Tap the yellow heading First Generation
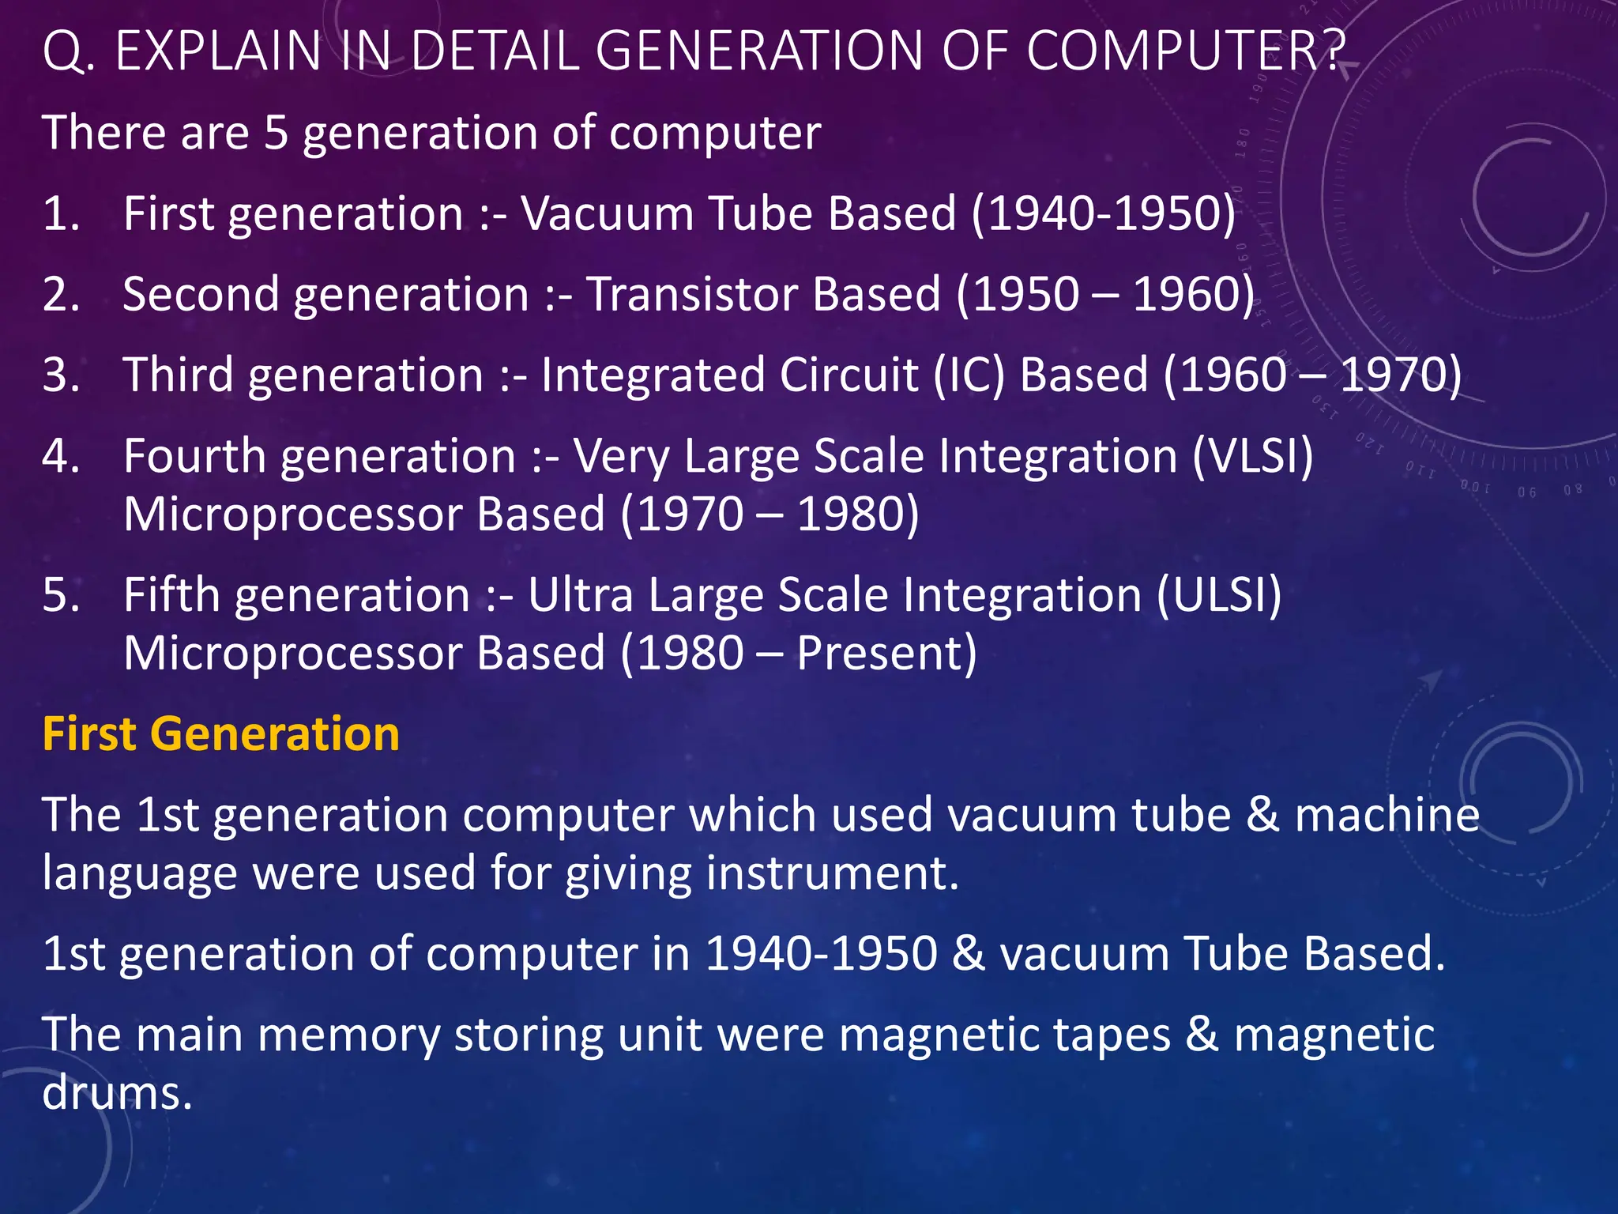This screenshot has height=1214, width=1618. point(220,733)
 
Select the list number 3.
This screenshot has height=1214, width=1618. point(61,375)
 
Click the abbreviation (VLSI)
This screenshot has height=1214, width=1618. point(1252,456)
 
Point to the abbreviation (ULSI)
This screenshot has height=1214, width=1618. point(1219,594)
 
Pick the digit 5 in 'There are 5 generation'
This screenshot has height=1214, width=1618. point(276,132)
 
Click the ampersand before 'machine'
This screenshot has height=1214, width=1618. point(1262,815)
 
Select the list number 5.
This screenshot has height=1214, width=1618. point(61,594)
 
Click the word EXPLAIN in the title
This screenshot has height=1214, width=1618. point(217,51)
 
